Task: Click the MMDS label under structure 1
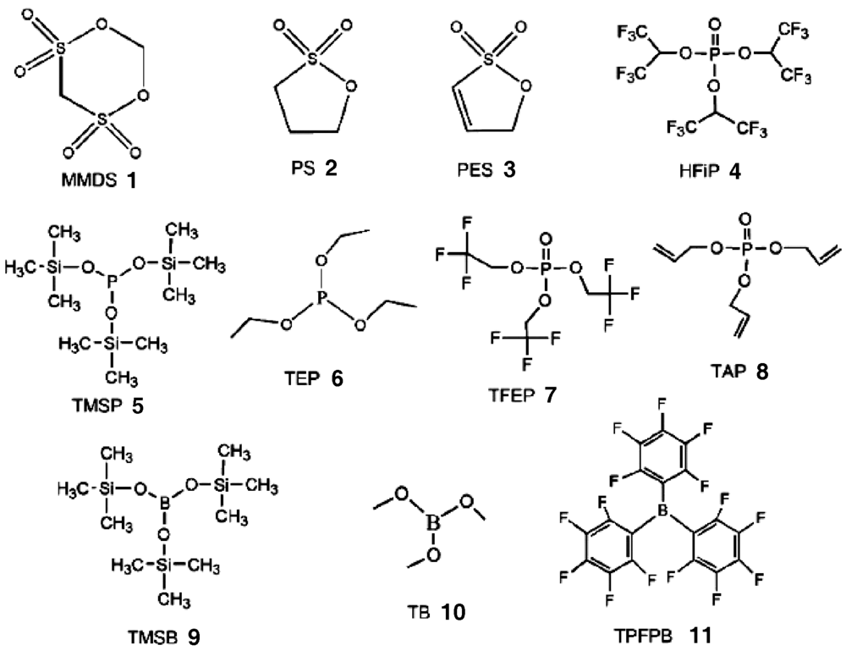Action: tap(89, 180)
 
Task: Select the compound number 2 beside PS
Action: tap(330, 168)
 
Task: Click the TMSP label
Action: tap(97, 405)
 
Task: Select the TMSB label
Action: tap(152, 637)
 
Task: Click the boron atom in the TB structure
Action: tap(432, 522)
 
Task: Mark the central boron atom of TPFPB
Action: tap(661, 510)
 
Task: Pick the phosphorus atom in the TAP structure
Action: tap(745, 250)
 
